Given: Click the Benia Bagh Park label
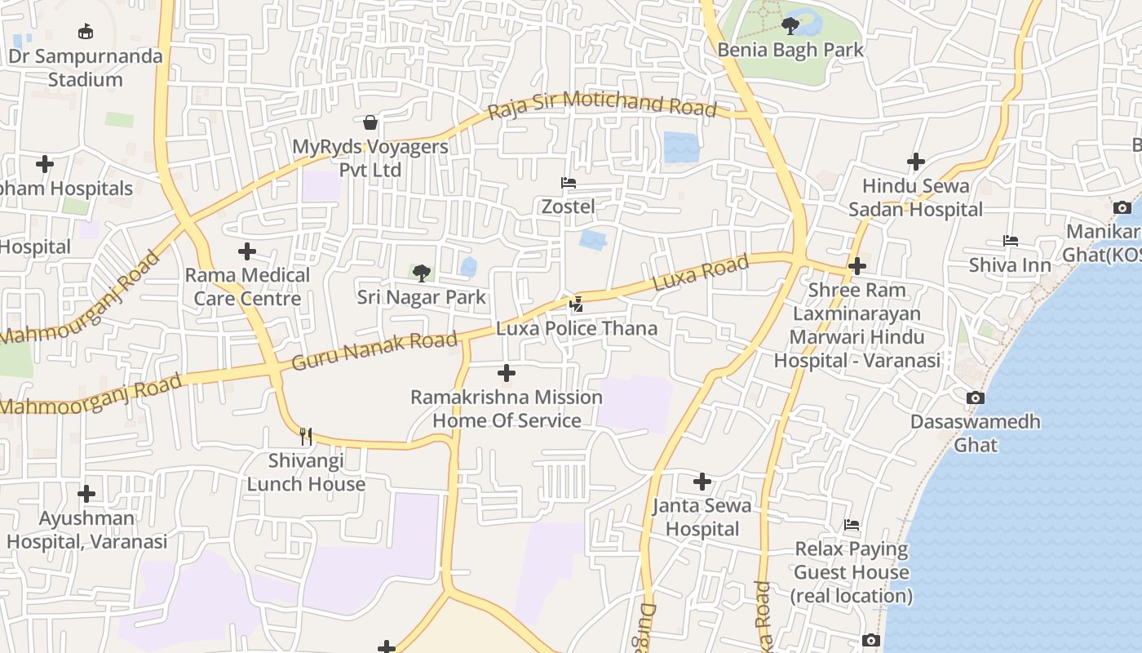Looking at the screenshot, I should click(x=790, y=50).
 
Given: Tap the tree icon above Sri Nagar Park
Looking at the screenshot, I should click(x=421, y=273).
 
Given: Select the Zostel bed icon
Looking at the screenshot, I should click(x=569, y=183).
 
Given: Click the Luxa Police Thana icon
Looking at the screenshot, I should click(x=577, y=304).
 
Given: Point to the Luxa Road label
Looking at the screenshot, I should click(x=701, y=273).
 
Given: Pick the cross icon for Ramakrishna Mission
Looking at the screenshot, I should click(x=507, y=373).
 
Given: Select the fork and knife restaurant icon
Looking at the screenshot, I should click(x=306, y=437).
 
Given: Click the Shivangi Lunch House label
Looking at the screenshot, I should click(x=306, y=472).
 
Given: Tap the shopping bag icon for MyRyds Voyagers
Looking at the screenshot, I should click(x=370, y=122).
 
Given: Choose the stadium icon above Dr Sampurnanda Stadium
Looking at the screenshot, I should click(x=85, y=32).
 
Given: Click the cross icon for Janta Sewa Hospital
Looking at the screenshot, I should click(x=702, y=482).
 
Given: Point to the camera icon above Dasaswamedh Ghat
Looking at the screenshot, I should click(x=975, y=398).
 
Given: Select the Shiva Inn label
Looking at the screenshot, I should click(x=1010, y=265).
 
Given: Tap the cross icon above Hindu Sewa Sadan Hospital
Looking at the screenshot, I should click(x=916, y=162).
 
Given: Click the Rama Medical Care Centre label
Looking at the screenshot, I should click(x=247, y=287).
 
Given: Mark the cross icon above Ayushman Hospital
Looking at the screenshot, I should click(x=86, y=494).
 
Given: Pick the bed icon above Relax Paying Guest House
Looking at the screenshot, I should click(x=852, y=525).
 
